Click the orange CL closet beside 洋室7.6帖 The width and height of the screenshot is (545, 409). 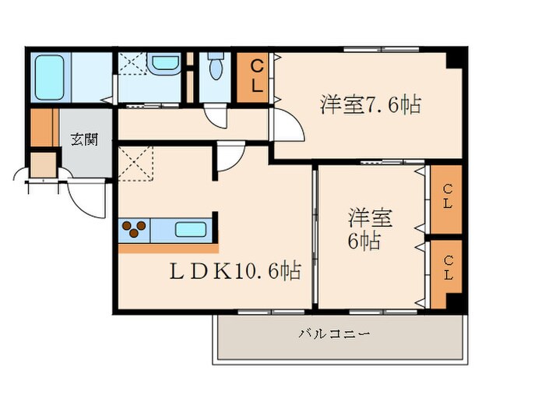coord(255,76)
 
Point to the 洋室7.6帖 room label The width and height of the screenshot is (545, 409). coord(370,104)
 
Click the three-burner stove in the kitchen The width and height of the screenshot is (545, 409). coord(134,230)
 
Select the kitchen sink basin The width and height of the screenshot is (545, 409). coord(191,230)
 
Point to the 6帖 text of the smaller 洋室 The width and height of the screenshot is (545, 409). coord(364,241)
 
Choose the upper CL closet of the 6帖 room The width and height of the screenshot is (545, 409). coord(447,199)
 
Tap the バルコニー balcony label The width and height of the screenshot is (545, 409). coord(334,335)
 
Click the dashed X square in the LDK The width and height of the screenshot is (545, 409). coord(136,162)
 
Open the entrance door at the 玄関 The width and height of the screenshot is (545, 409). coord(86,199)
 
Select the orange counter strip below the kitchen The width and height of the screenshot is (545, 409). coord(167,249)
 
